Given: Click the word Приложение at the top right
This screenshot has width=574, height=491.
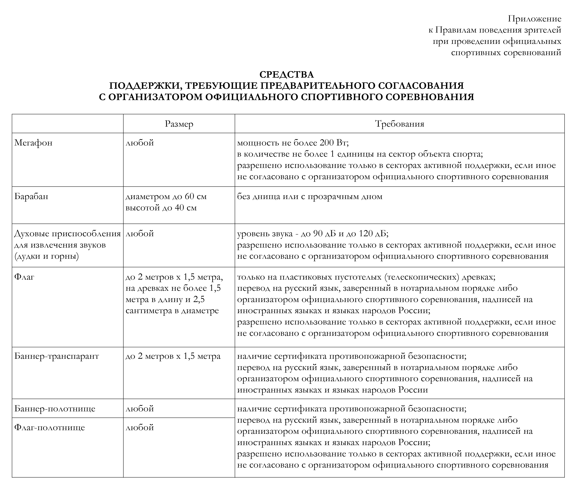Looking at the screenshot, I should [534, 19].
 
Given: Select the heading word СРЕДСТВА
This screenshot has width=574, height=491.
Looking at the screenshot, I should [287, 75].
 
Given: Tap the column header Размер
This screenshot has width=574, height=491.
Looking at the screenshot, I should [179, 124].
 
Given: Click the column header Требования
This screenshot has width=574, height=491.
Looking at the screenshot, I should [399, 124].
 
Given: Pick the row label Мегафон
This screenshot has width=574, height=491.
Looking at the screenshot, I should [33, 143].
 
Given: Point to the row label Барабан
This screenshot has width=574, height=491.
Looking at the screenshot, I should [31, 196].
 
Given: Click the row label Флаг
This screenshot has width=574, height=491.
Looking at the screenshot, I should [24, 277].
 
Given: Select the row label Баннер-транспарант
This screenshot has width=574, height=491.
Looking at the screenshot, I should [57, 356].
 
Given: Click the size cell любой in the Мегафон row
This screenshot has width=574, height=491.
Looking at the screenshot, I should [140, 143].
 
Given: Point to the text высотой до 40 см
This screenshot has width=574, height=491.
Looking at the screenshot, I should [161, 208].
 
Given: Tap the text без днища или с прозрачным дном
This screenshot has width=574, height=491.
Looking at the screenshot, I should [309, 196].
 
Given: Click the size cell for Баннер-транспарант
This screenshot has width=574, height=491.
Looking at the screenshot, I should [173, 356].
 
